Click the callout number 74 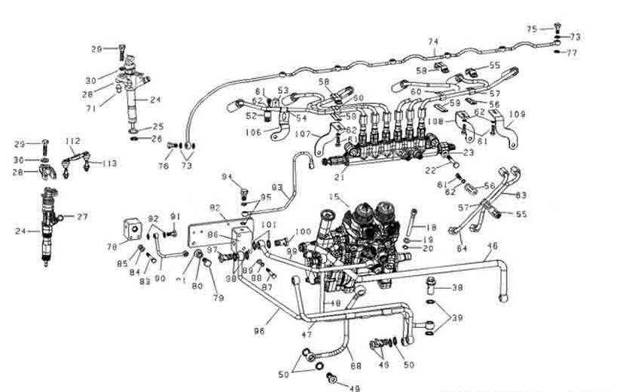pos(433,41)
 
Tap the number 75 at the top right pos(532,29)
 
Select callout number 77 pos(571,53)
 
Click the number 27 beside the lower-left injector pos(82,216)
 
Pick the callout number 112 pos(72,141)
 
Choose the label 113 pos(110,164)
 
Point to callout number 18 pos(432,227)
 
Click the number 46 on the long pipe pos(493,246)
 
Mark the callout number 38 pos(457,288)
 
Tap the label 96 pos(261,329)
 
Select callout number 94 pos(225,177)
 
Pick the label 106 pos(254,132)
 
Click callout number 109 pos(517,115)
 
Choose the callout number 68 pos(356,366)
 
